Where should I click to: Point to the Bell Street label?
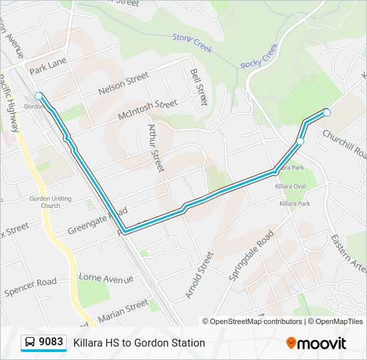click(x=199, y=87)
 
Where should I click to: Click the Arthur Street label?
click(x=155, y=147)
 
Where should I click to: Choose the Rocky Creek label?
click(x=259, y=54)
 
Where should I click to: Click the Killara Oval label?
click(x=291, y=187)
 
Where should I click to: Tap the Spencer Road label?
click(x=31, y=287)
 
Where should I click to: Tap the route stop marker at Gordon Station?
click(x=39, y=96)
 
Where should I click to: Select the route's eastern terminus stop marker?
click(x=327, y=113)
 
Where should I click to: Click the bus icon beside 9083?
click(x=30, y=343)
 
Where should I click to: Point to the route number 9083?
click(x=51, y=343)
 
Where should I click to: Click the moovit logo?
click(x=316, y=343)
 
